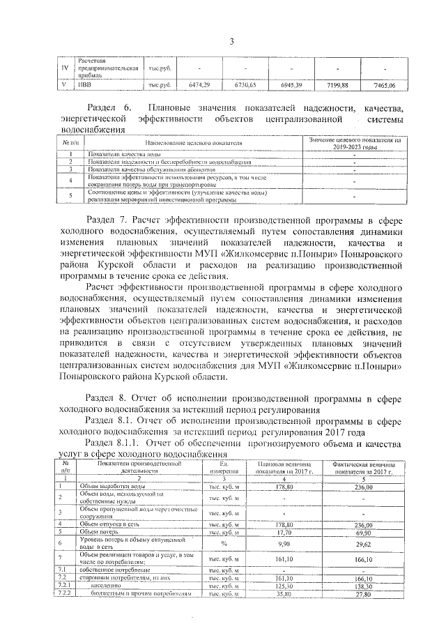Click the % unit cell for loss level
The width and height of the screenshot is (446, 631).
pyautogui.click(x=224, y=542)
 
